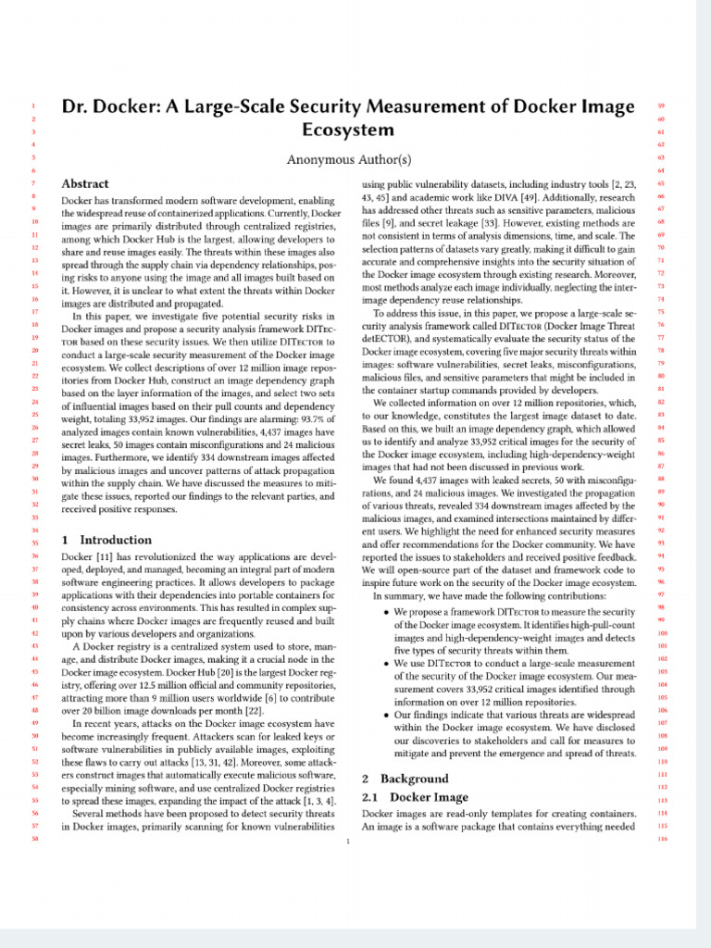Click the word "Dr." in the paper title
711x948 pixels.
click(x=77, y=107)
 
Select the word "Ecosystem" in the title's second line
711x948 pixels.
click(x=347, y=131)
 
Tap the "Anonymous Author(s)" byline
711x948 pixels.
click(x=348, y=159)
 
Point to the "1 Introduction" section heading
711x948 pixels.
click(x=106, y=540)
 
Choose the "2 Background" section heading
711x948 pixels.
click(x=405, y=779)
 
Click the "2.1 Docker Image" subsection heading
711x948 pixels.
click(x=415, y=797)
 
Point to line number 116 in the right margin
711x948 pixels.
click(x=662, y=839)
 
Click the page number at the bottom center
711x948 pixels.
click(x=347, y=842)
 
